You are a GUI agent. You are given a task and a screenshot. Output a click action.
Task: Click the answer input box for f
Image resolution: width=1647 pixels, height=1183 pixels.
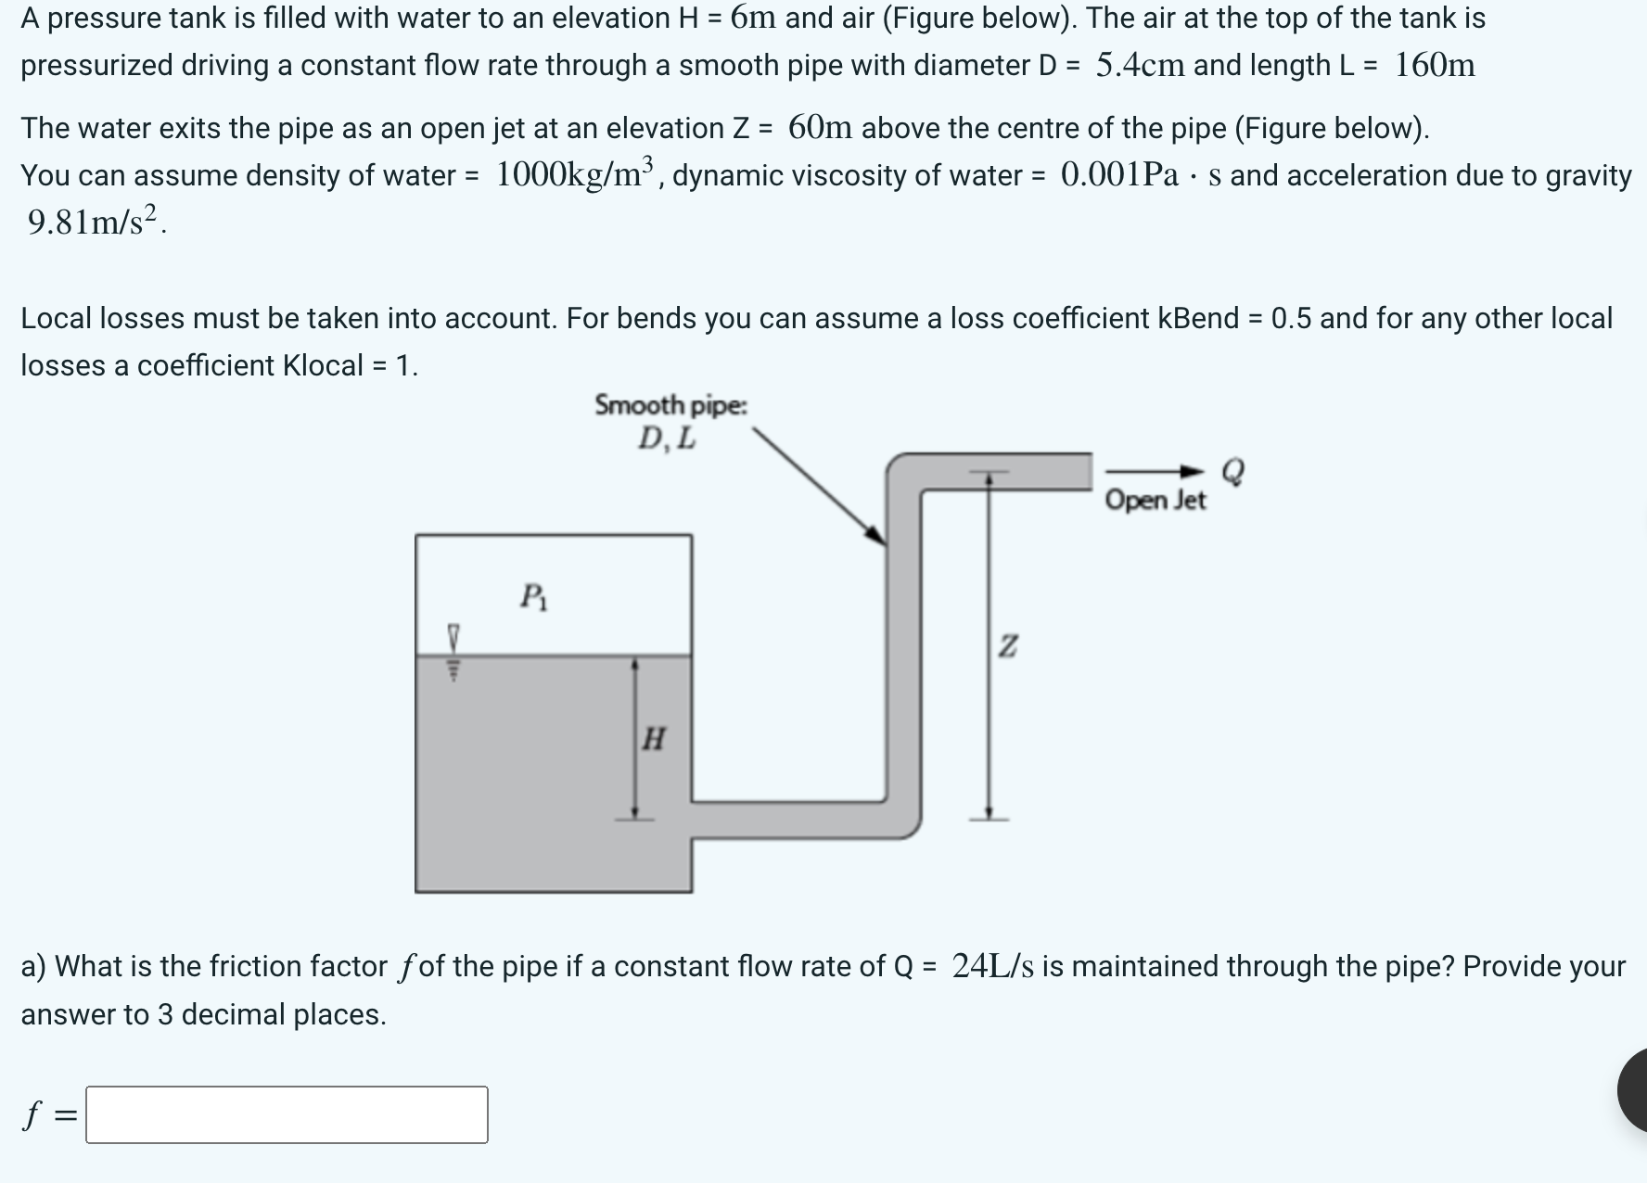pyautogui.click(x=287, y=1114)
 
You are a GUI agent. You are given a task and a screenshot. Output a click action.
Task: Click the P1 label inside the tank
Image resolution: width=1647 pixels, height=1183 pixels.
pyautogui.click(x=533, y=596)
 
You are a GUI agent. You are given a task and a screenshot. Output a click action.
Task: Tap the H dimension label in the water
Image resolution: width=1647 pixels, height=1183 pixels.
pyautogui.click(x=653, y=739)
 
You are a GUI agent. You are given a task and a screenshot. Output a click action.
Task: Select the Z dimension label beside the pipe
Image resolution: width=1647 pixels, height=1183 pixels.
pyautogui.click(x=1007, y=645)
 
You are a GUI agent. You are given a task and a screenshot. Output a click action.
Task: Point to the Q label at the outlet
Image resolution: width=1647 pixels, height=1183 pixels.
pyautogui.click(x=1232, y=470)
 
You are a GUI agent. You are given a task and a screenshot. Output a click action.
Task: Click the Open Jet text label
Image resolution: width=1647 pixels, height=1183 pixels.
pyautogui.click(x=1155, y=501)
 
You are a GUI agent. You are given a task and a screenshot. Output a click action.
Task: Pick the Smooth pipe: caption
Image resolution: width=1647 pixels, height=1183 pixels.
pyautogui.click(x=670, y=405)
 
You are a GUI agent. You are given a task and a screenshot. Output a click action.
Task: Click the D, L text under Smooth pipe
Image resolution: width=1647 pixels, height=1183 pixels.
pyautogui.click(x=667, y=439)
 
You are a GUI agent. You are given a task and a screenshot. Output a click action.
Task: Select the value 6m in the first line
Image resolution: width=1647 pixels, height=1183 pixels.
pyautogui.click(x=755, y=18)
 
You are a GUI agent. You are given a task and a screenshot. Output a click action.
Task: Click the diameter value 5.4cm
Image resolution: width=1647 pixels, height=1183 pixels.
pyautogui.click(x=1140, y=65)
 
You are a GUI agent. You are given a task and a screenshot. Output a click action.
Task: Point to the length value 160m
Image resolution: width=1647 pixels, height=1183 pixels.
pyautogui.click(x=1434, y=65)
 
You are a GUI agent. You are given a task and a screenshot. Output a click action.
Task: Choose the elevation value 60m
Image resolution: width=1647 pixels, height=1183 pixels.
pyautogui.click(x=820, y=128)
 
